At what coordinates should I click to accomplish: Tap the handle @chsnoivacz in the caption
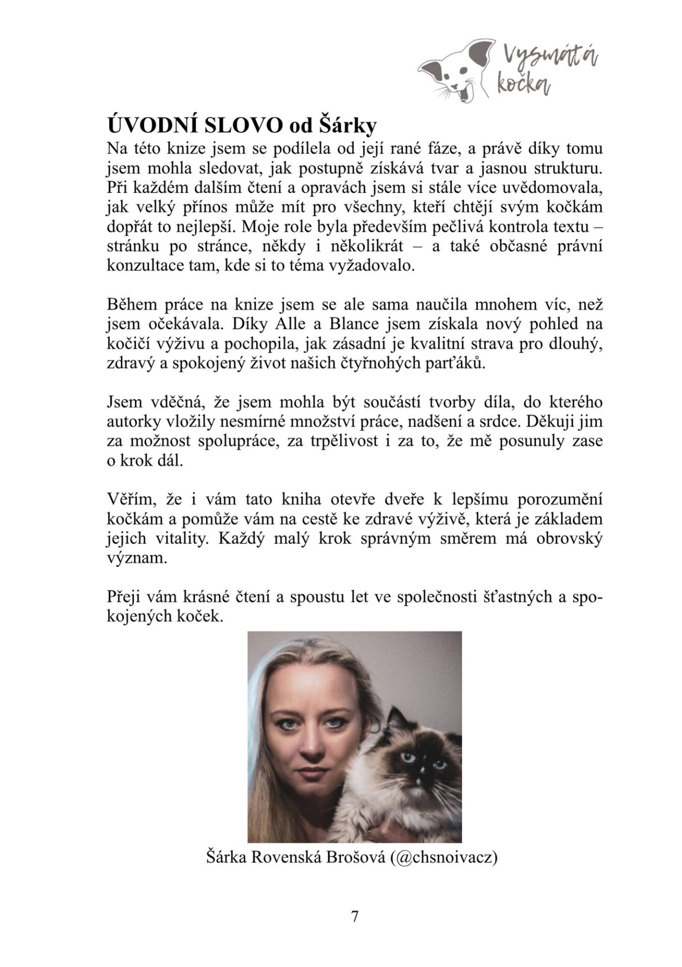point(444,857)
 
